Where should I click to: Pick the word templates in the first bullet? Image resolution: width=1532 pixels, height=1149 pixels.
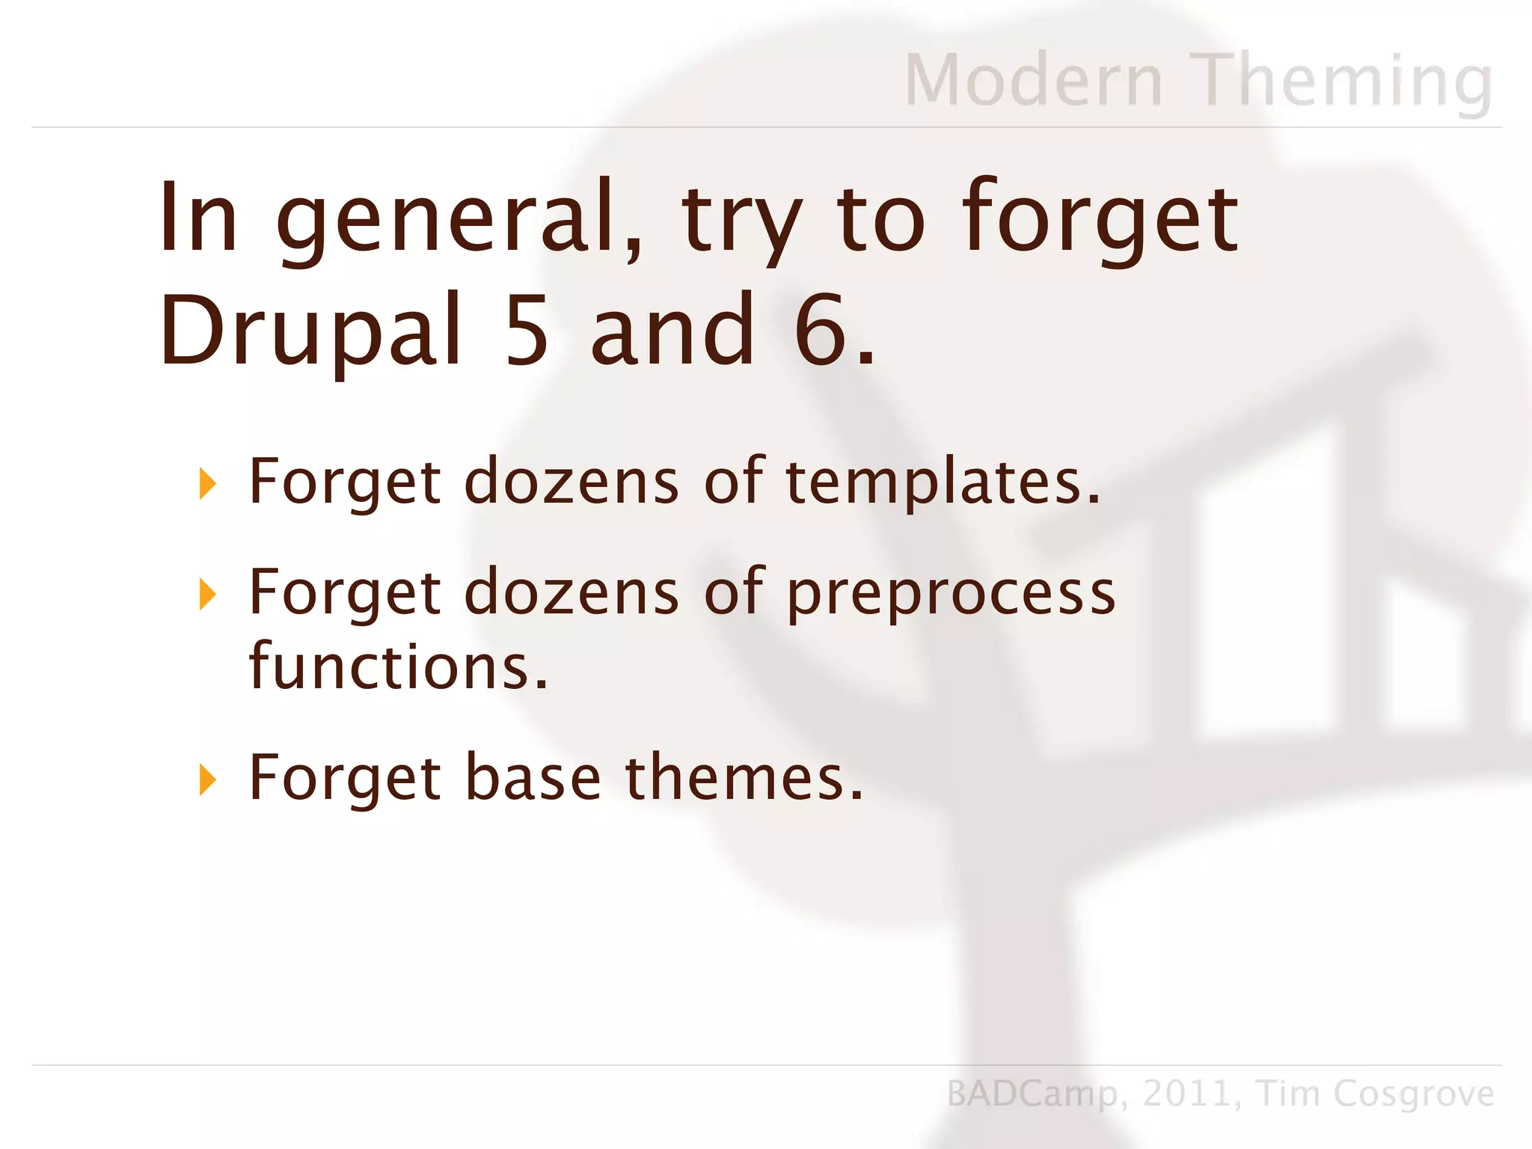point(943,482)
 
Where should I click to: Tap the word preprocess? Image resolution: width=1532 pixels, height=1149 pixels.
point(951,594)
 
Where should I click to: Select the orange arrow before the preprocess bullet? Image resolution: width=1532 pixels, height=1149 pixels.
point(208,594)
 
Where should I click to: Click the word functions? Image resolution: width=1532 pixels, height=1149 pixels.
point(398,666)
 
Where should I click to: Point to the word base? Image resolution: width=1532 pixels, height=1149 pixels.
point(533,778)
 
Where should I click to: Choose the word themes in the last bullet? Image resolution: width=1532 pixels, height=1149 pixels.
point(744,778)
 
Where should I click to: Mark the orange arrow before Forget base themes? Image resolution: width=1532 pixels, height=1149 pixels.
point(208,779)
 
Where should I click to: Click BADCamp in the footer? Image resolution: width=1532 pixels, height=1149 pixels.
point(1032,1094)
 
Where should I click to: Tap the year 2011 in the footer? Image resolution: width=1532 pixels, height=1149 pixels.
point(1186,1094)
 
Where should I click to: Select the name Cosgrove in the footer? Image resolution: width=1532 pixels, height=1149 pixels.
point(1413,1094)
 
